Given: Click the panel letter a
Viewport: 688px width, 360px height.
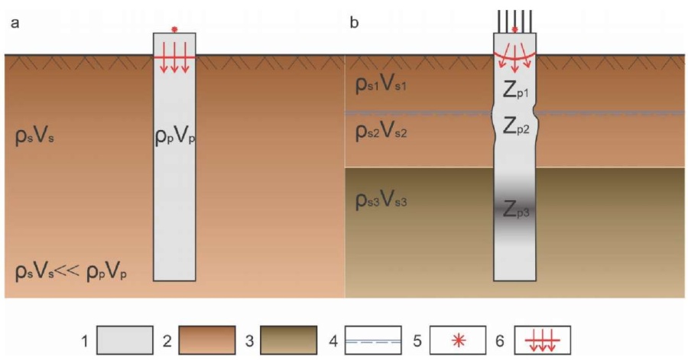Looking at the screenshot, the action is point(15,23).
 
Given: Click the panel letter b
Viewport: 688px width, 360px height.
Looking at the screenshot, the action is point(354,22).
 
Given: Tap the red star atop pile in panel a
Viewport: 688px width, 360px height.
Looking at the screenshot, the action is point(174,29).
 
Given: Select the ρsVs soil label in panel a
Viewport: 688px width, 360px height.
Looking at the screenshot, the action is point(34,137).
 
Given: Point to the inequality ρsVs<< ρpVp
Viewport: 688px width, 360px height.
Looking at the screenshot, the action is point(71,272).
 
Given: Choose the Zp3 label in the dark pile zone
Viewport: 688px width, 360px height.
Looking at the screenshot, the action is point(516,209).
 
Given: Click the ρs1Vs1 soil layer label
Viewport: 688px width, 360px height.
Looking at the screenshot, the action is point(381,84).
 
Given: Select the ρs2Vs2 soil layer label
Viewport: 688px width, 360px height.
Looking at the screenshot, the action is point(381,131).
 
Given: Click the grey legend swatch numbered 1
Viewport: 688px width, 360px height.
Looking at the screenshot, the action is point(125,340).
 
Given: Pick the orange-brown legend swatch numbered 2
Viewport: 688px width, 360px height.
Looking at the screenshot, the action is point(207,340).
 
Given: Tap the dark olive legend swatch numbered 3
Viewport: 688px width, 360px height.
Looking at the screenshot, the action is point(289,340).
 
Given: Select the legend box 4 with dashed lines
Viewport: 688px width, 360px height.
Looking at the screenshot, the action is point(373,340).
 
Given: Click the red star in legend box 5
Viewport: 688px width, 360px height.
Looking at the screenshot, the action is point(459,340).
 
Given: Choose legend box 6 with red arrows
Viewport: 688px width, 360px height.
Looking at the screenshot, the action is point(543,340).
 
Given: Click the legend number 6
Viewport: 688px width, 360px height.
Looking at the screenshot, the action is point(500,341).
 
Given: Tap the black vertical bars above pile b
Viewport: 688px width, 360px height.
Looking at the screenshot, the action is point(514,21).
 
